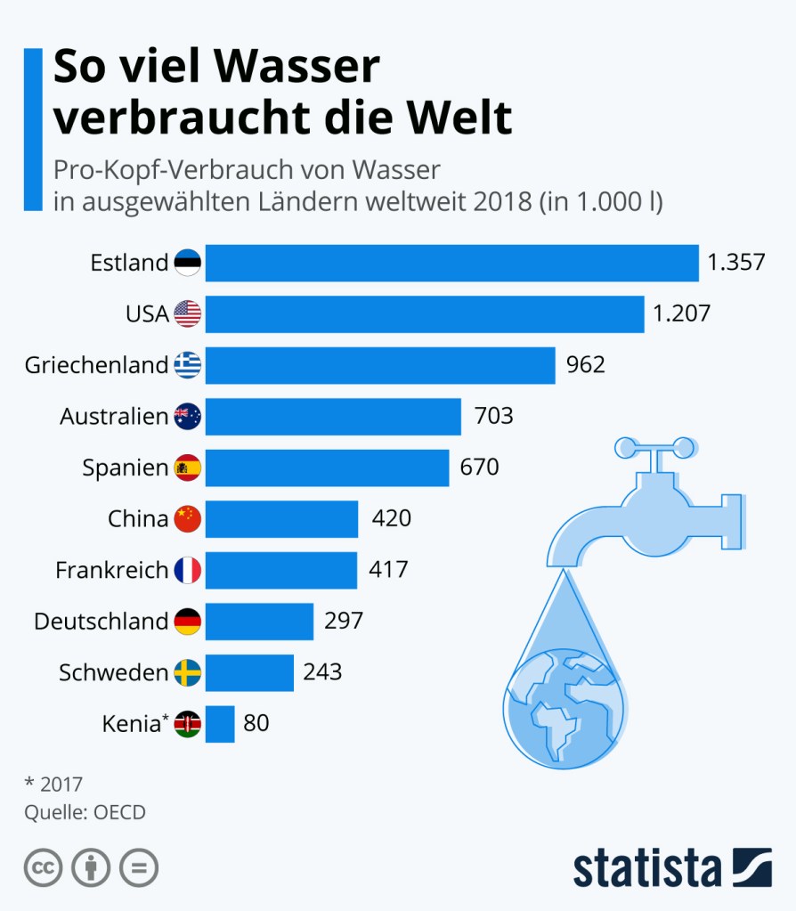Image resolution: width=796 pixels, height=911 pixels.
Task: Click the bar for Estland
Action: coord(451,263)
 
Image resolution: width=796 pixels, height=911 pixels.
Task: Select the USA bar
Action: coord(425,313)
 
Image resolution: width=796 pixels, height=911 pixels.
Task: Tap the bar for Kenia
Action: coord(220,724)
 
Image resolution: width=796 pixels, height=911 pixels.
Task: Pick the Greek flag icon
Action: coord(188,365)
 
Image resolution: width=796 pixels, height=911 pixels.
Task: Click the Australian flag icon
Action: coord(188,416)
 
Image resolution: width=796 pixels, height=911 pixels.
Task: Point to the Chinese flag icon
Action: coord(188,518)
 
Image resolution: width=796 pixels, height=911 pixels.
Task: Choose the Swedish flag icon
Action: coord(188,673)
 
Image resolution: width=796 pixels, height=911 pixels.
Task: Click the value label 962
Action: coord(586,365)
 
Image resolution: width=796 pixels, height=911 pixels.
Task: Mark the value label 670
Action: coord(480,467)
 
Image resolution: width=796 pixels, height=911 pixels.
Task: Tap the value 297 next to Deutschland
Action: coord(344,621)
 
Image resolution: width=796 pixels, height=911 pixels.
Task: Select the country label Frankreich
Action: coord(111,570)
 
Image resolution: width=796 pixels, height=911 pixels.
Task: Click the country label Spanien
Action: coord(125,468)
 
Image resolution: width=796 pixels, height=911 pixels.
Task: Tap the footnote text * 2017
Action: coord(53,785)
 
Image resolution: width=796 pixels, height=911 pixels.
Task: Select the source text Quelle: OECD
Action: coord(85,812)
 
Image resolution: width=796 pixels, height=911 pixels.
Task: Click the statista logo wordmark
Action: coord(646,867)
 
